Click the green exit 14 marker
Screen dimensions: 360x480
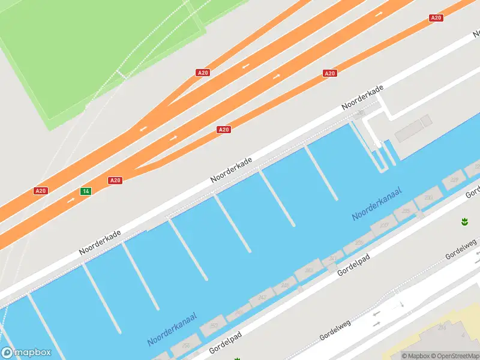[x=86, y=191]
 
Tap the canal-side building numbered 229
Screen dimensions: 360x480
[x=454, y=180]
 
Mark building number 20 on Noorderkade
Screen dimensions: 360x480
[x=360, y=112]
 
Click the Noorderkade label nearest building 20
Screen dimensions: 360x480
[x=362, y=97]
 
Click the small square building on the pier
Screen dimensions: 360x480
[x=427, y=121]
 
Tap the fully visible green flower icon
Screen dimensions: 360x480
[x=464, y=222]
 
